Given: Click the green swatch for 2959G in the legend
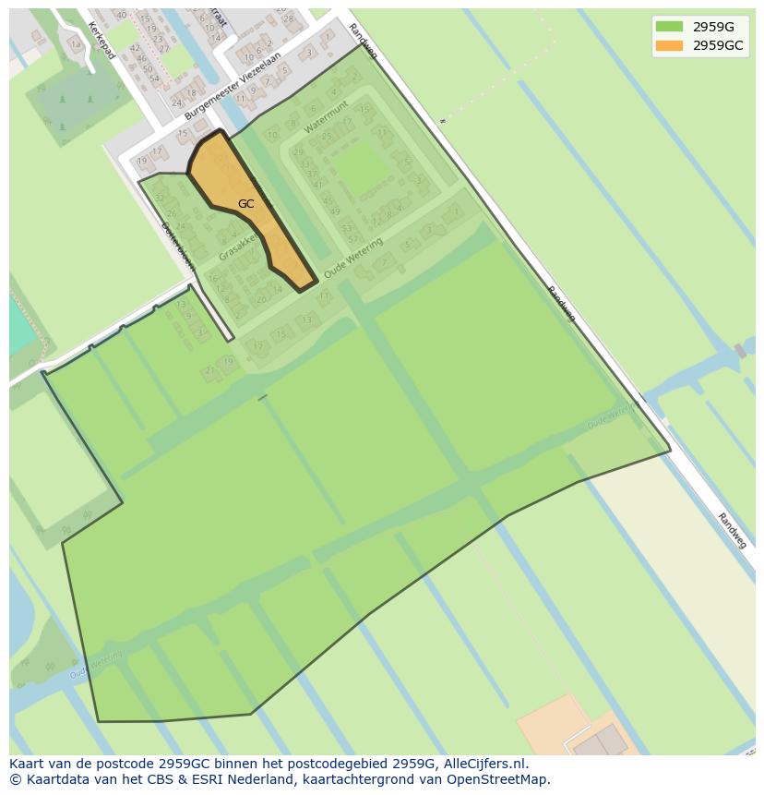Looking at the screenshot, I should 669,27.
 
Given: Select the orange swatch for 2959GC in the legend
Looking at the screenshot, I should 669,45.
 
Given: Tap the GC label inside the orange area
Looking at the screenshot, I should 245,204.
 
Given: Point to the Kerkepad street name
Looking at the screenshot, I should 101,41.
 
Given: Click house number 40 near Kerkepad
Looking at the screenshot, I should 121,15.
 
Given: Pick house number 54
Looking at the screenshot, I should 154,78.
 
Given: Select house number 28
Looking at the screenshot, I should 288,18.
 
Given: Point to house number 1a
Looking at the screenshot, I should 63,43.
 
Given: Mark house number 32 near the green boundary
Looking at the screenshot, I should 160,198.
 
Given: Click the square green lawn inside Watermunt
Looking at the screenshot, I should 360,168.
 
